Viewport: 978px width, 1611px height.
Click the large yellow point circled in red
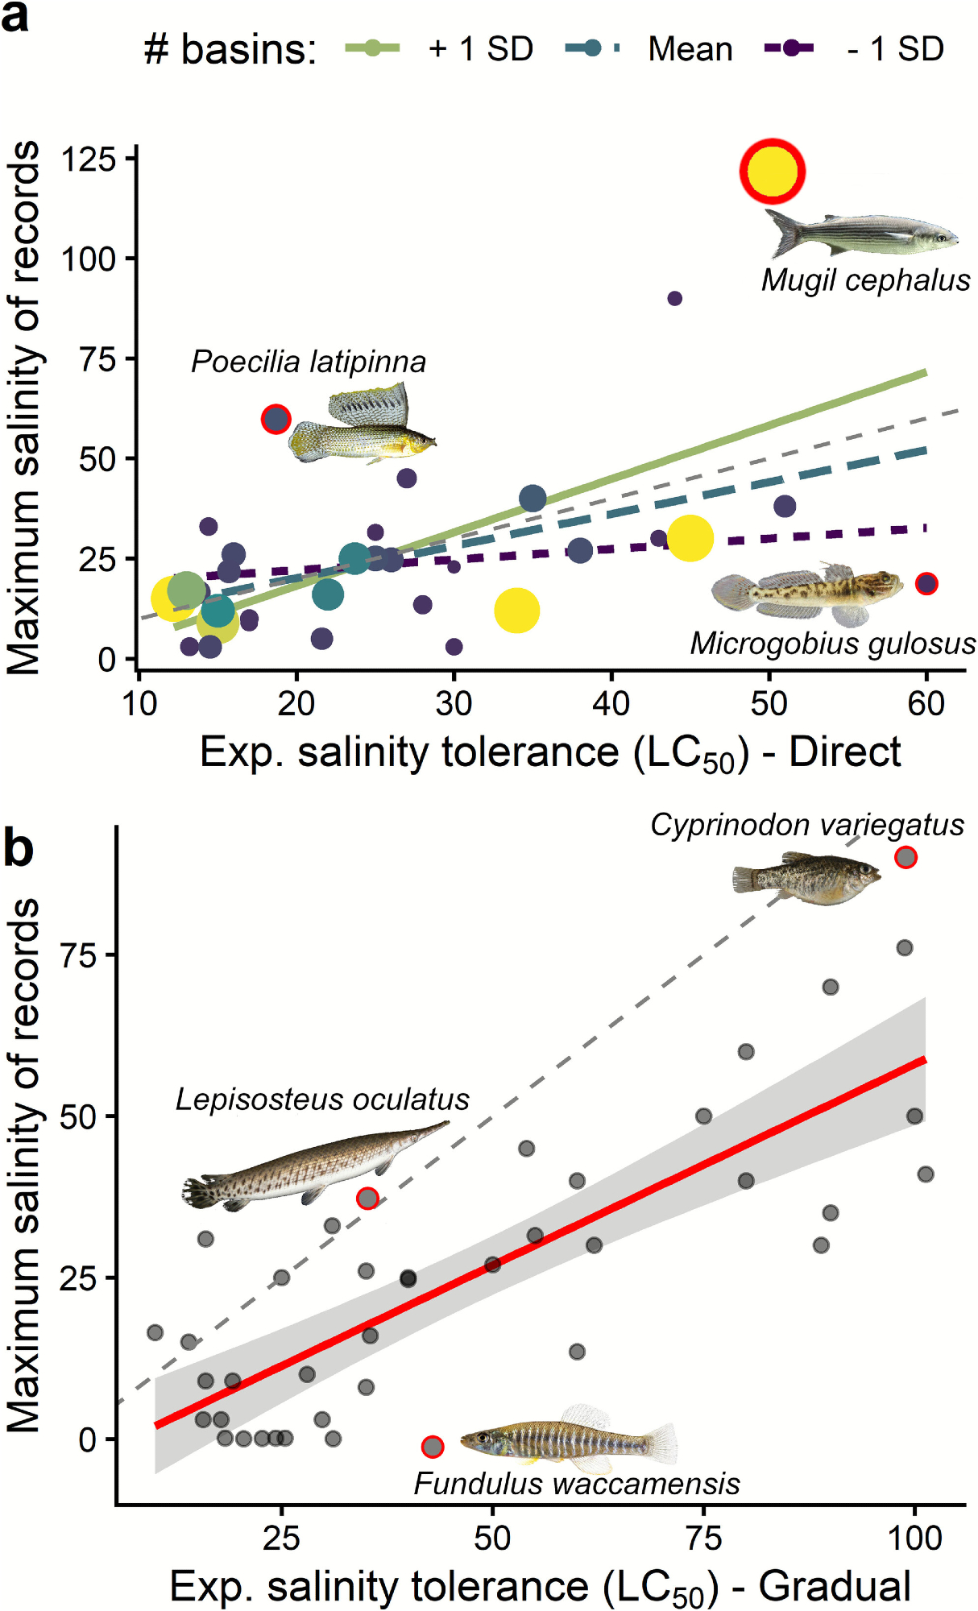tap(773, 172)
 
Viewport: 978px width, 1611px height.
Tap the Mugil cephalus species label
tap(865, 280)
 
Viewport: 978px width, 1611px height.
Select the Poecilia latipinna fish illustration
tap(363, 425)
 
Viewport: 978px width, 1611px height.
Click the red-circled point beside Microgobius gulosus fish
tap(926, 583)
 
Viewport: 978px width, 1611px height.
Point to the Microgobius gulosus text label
tap(832, 644)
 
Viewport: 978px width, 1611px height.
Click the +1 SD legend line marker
tap(372, 48)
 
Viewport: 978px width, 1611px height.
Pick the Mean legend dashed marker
tap(593, 48)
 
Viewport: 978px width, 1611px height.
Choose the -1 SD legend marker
tap(790, 48)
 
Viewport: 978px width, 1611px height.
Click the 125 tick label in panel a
tap(89, 159)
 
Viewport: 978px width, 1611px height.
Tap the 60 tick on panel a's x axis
tap(926, 704)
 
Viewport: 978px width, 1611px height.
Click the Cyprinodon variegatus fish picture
tap(806, 880)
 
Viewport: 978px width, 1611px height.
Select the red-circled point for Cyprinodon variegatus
tap(905, 857)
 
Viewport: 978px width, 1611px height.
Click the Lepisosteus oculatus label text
tap(322, 1100)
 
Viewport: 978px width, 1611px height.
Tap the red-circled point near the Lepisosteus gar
tap(367, 1199)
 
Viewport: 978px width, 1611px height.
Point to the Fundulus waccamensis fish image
tap(569, 1438)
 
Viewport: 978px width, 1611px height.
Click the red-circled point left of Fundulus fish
tap(433, 1447)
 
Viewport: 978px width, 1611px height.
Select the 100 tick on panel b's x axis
tap(914, 1539)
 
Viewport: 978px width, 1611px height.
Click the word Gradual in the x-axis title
tap(835, 1587)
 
